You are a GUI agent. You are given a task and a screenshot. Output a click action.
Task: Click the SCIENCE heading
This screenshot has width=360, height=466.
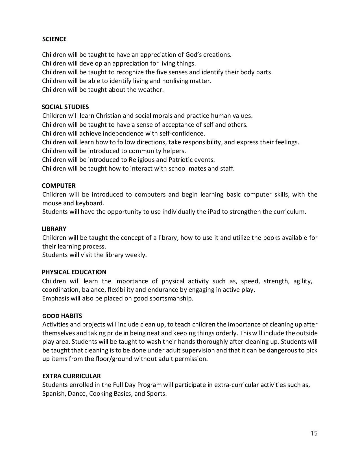[54, 39]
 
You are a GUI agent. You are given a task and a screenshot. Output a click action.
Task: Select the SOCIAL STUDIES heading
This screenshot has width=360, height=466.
[65, 107]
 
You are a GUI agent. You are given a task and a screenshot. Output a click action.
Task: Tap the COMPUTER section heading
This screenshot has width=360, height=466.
[59, 186]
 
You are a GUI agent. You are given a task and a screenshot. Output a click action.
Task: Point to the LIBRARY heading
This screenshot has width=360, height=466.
[54, 229]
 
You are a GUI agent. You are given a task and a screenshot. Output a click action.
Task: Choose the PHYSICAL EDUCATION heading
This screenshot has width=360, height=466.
[74, 272]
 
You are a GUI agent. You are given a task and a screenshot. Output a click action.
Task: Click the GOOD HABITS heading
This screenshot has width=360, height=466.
[62, 316]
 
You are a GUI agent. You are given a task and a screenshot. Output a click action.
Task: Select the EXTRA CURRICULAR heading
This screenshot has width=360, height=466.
[71, 376]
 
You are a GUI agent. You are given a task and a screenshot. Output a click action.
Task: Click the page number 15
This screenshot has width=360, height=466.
[314, 433]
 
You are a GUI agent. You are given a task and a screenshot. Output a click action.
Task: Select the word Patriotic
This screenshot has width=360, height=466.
[182, 160]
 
